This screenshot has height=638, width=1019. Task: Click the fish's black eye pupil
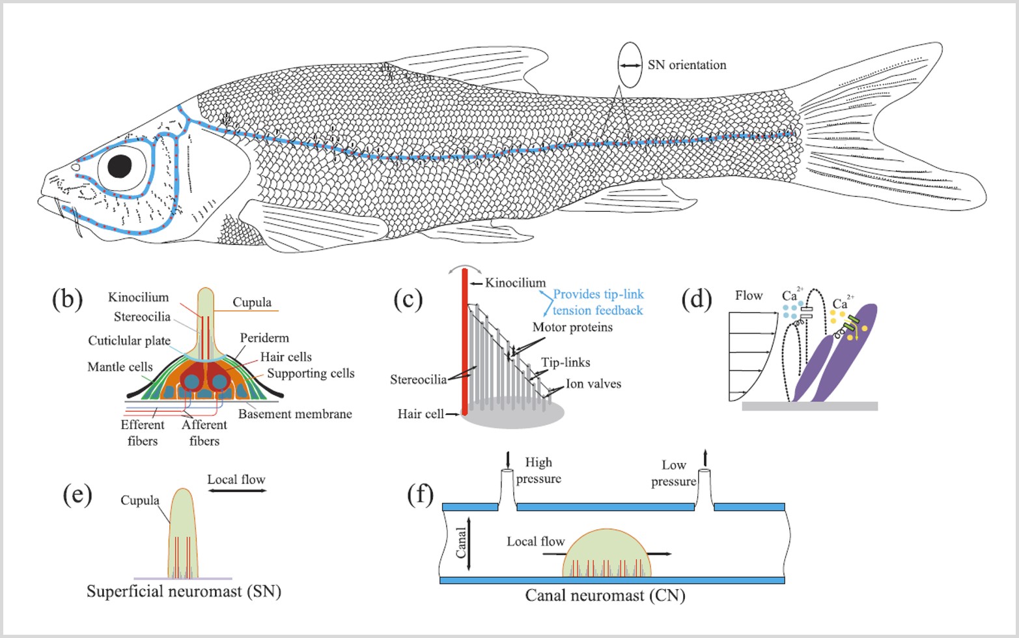coord(120,166)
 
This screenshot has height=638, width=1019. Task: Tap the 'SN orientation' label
coord(686,65)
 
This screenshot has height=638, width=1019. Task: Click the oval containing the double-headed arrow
coord(630,65)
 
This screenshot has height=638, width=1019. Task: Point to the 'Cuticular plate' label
coord(129,341)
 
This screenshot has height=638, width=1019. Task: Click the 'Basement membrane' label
coord(294,414)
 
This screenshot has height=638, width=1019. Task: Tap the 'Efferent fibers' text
coord(143,433)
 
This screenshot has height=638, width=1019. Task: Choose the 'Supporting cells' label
coord(311,373)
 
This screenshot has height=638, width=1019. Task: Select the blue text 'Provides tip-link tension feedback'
coord(598,302)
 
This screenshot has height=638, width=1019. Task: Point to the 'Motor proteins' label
coord(572,327)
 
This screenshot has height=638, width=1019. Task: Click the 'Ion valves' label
coord(593,384)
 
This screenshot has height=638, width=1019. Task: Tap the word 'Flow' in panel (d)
coord(749,296)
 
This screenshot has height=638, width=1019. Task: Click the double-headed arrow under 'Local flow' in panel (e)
coord(236,490)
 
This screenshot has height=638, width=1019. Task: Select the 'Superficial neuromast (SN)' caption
coord(184,591)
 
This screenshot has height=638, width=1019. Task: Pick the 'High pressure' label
coord(538,471)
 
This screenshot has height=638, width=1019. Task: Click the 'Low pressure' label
coord(673,473)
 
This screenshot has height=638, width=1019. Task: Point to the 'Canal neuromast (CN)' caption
coord(605,595)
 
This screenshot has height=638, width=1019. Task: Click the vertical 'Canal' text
coord(461,543)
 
